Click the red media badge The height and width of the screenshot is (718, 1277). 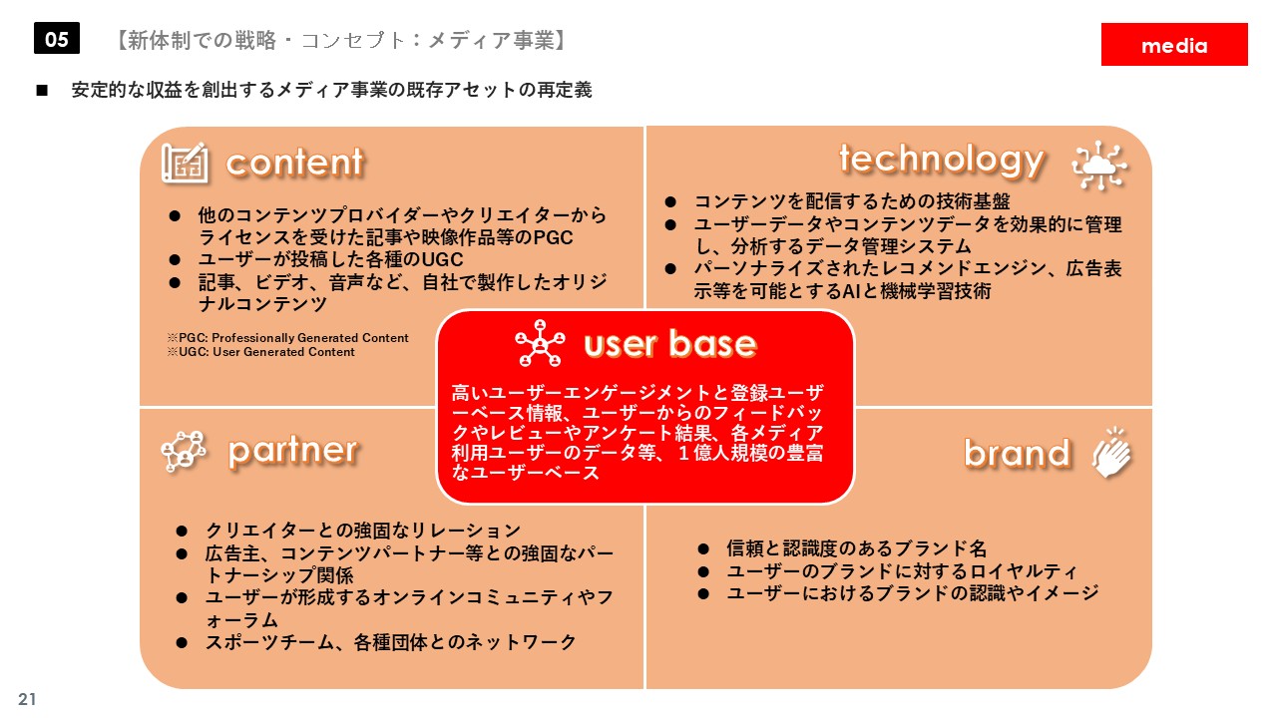click(x=1174, y=45)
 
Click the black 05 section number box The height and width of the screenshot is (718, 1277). click(x=57, y=38)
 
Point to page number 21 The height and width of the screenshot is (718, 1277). click(x=27, y=699)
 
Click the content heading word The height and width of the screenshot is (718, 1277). click(x=294, y=163)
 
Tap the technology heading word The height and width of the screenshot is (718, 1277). click(x=942, y=162)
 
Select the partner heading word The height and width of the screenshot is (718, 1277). click(x=293, y=453)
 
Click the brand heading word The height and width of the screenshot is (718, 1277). click(x=1017, y=454)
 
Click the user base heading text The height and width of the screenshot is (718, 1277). click(x=670, y=344)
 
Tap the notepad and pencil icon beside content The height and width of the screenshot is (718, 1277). click(x=185, y=163)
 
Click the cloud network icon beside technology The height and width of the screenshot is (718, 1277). click(x=1098, y=166)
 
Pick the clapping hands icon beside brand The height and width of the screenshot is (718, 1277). click(x=1112, y=453)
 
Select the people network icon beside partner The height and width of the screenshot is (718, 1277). click(x=184, y=452)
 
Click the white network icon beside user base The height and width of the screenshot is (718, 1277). click(x=540, y=343)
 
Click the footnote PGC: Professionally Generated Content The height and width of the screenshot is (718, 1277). click(x=288, y=338)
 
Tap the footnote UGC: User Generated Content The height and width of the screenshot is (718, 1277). click(x=261, y=352)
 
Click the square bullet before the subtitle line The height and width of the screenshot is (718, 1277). click(x=42, y=90)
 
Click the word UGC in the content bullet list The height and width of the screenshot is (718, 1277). click(x=442, y=260)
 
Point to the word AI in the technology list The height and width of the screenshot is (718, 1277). click(x=851, y=291)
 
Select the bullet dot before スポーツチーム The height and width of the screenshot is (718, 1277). click(x=182, y=643)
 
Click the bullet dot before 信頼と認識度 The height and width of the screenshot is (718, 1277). click(x=703, y=549)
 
